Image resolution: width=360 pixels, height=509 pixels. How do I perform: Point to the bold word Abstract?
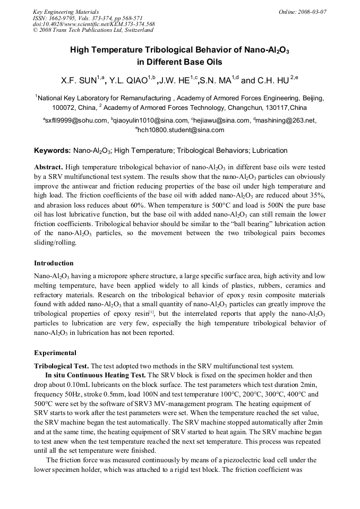49,167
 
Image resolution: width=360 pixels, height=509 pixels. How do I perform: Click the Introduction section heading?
54,263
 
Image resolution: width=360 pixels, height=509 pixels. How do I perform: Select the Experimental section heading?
55,352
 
